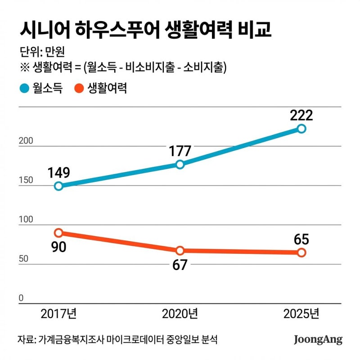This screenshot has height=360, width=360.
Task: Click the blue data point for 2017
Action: [x=58, y=186]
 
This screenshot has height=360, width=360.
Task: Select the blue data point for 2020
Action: [x=180, y=164]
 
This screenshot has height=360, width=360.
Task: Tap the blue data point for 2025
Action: [x=301, y=129]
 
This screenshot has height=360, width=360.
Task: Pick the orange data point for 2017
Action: [x=58, y=233]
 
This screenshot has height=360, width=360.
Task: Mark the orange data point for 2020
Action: [x=180, y=251]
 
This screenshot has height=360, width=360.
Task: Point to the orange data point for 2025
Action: [x=301, y=252]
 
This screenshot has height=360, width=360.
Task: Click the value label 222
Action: [x=301, y=115]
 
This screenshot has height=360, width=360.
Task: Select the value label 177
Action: [x=180, y=150]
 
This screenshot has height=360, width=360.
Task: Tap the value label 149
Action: [x=58, y=172]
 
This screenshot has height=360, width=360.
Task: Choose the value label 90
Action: [x=58, y=247]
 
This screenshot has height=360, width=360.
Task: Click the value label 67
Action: [x=180, y=265]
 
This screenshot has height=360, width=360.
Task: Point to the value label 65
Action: [x=301, y=238]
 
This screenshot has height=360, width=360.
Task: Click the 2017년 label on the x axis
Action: [x=58, y=314]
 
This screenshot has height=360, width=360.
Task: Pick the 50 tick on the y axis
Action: [x=23, y=259]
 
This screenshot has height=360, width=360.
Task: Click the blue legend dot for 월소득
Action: [x=24, y=88]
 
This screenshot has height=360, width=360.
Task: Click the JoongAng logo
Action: [x=318, y=339]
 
